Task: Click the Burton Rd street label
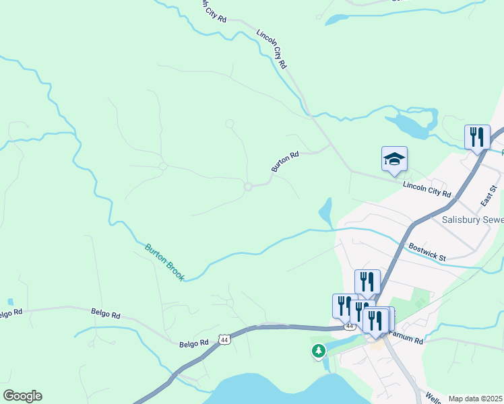(284, 162)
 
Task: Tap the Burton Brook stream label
(164, 262)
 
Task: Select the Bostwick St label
(427, 252)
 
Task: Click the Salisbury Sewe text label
(472, 220)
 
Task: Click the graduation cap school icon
(394, 159)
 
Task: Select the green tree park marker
(319, 350)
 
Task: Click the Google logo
(22, 396)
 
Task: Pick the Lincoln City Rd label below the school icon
(426, 189)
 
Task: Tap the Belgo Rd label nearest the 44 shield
(195, 343)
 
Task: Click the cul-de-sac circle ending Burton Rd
(248, 187)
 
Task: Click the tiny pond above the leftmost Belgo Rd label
(10, 302)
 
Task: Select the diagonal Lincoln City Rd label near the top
(272, 48)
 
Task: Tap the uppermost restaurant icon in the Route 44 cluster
(367, 281)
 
